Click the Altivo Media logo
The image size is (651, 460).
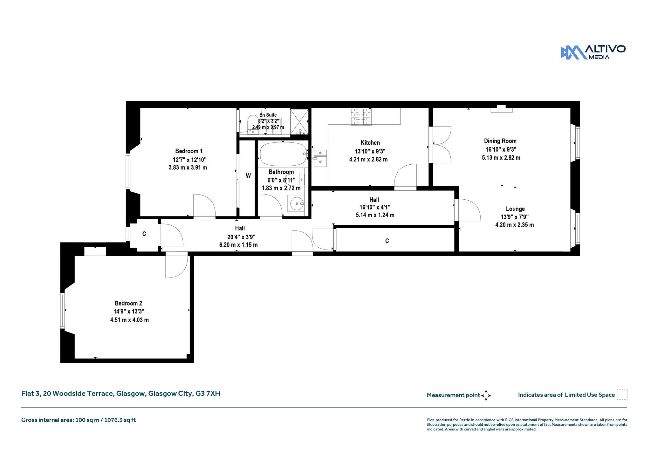click(593, 52)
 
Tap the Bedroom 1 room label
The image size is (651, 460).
click(189, 151)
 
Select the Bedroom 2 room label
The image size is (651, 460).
click(128, 303)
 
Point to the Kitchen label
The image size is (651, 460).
click(370, 143)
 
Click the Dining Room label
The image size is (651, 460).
click(500, 141)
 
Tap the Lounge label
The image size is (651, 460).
click(515, 209)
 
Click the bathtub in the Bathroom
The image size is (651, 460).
click(283, 154)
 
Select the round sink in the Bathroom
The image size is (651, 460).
click(297, 203)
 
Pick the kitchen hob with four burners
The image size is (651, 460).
click(361, 117)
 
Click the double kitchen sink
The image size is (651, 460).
click(320, 158)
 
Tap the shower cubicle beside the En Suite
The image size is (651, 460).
click(299, 122)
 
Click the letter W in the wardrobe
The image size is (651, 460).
click(248, 176)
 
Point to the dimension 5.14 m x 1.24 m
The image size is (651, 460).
click(375, 215)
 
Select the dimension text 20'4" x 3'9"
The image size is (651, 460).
click(241, 237)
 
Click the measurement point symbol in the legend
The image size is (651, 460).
click(486, 395)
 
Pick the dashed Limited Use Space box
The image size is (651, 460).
click(622, 395)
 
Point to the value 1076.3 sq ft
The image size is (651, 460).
click(120, 420)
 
